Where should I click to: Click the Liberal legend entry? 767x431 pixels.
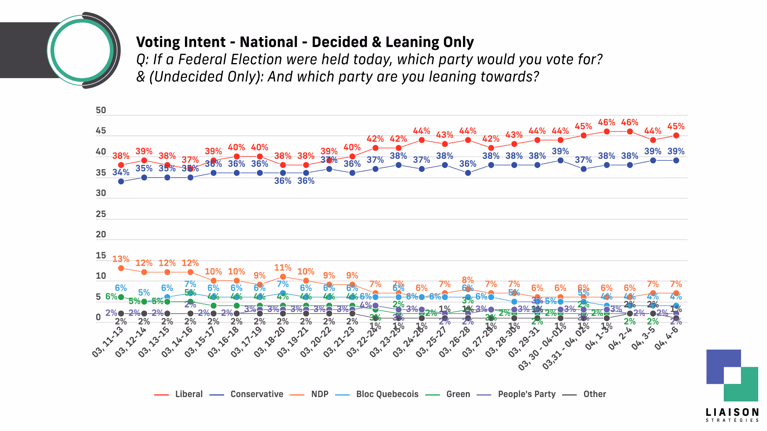pos(189,394)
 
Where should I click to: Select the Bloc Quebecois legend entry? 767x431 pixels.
pos(387,394)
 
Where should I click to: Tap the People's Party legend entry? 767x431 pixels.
pos(526,394)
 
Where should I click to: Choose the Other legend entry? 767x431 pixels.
pos(594,394)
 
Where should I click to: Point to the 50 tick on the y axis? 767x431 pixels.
pos(101,111)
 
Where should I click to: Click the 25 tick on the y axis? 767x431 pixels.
pos(101,214)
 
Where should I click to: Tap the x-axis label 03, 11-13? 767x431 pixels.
pos(108,342)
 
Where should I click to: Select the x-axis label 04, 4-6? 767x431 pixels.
pos(666,338)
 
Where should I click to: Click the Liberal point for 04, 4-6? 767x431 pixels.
pos(676,136)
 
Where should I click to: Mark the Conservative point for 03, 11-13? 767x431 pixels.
pos(121,182)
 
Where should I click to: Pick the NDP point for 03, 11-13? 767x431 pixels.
pos(121,268)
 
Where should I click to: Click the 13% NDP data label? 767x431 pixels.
pos(121,259)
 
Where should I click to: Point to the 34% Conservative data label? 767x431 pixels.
pos(121,172)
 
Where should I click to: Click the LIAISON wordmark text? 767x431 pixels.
pos(732,413)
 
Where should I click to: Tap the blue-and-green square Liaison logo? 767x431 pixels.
pos(732,376)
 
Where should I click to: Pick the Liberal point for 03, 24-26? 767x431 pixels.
pos(421,140)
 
